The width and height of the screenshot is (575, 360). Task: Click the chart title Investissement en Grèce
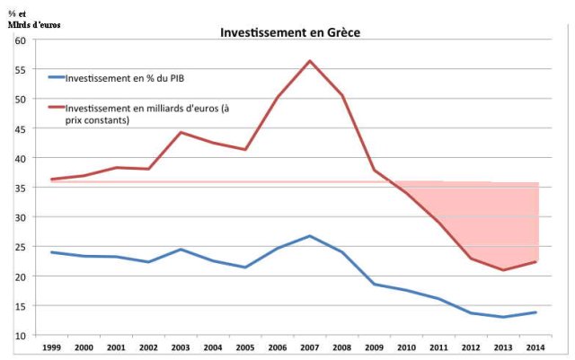[291, 32]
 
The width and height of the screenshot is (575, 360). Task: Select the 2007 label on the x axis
[310, 348]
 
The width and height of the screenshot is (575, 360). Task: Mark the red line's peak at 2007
[310, 61]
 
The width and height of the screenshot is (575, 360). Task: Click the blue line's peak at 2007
[310, 236]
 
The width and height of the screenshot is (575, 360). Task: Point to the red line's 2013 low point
[505, 270]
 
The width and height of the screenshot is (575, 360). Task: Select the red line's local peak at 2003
[181, 133]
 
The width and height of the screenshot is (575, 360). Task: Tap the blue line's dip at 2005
[245, 268]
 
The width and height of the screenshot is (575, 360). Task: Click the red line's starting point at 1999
[52, 180]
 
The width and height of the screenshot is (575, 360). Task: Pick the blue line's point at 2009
[375, 284]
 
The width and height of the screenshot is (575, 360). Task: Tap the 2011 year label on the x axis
[439, 348]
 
